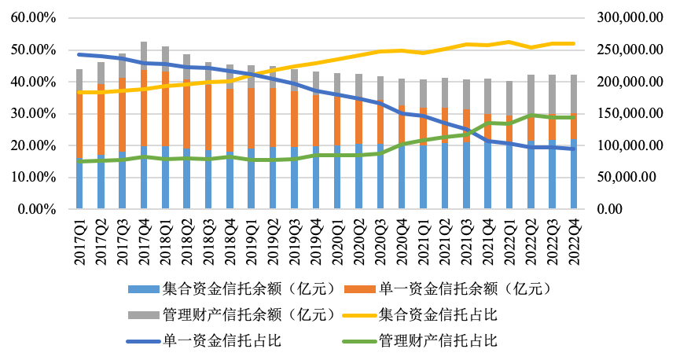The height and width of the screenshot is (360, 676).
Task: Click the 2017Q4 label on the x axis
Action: coord(144,241)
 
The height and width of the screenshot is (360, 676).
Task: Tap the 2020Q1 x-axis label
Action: coord(337,241)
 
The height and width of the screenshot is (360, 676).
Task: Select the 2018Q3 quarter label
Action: coord(208,241)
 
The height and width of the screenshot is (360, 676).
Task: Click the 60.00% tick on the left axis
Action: coord(34,18)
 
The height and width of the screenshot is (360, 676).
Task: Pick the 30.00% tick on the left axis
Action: coord(34,114)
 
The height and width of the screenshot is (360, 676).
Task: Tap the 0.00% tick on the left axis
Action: coord(37,210)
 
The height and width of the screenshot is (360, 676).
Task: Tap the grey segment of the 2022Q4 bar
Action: coord(574,94)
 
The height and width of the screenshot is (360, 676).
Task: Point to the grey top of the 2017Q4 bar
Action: coord(144,55)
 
